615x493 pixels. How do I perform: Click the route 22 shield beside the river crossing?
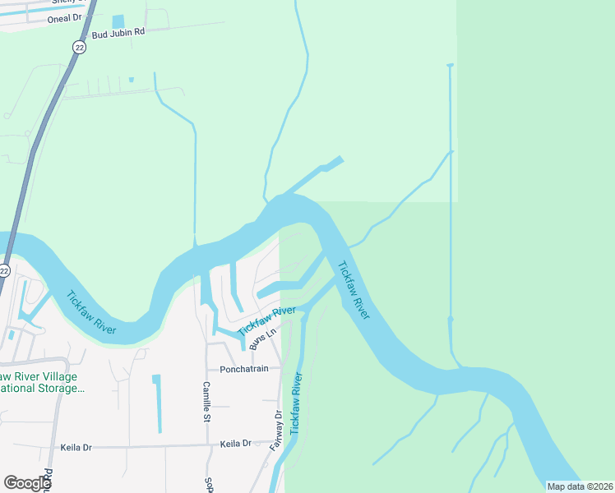[4, 270]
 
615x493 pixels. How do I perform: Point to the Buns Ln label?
[261, 336]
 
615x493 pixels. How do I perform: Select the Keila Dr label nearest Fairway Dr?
[235, 444]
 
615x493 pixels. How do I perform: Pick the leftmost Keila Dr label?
[76, 448]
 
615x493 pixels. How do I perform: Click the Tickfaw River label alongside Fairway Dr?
[297, 403]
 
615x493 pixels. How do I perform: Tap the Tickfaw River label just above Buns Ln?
[266, 320]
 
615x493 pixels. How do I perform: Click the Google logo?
[27, 482]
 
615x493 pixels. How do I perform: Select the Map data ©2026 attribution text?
[580, 486]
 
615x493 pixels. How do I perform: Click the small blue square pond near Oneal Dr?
[118, 21]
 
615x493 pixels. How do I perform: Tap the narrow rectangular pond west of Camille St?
[157, 403]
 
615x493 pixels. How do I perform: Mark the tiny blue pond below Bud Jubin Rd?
[131, 80]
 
